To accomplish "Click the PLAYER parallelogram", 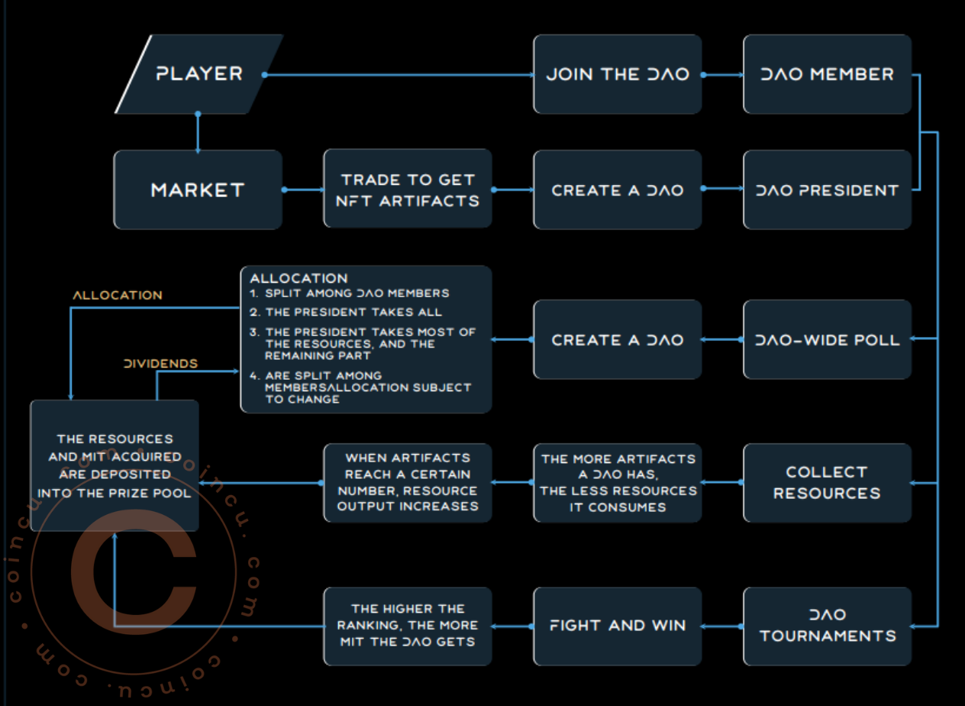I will click(198, 74).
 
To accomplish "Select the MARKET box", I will click(198, 189).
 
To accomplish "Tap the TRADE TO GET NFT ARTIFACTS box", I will click(408, 189).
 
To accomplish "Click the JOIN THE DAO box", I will click(617, 74).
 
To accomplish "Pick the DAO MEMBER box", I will click(827, 74).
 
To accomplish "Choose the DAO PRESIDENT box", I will click(827, 189).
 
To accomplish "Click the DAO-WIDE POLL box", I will click(827, 339).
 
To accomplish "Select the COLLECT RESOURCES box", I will click(827, 483).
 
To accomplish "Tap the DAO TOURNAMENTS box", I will click(827, 625).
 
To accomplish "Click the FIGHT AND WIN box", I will click(617, 625).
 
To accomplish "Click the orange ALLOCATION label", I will click(117, 295).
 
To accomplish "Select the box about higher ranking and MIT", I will click(408, 625).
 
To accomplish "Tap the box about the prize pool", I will click(115, 465).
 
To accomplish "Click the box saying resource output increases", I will click(408, 483).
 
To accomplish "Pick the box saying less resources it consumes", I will click(617, 483).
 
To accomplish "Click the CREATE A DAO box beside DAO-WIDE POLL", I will click(617, 339).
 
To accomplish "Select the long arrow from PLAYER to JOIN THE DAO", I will click(397, 75).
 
